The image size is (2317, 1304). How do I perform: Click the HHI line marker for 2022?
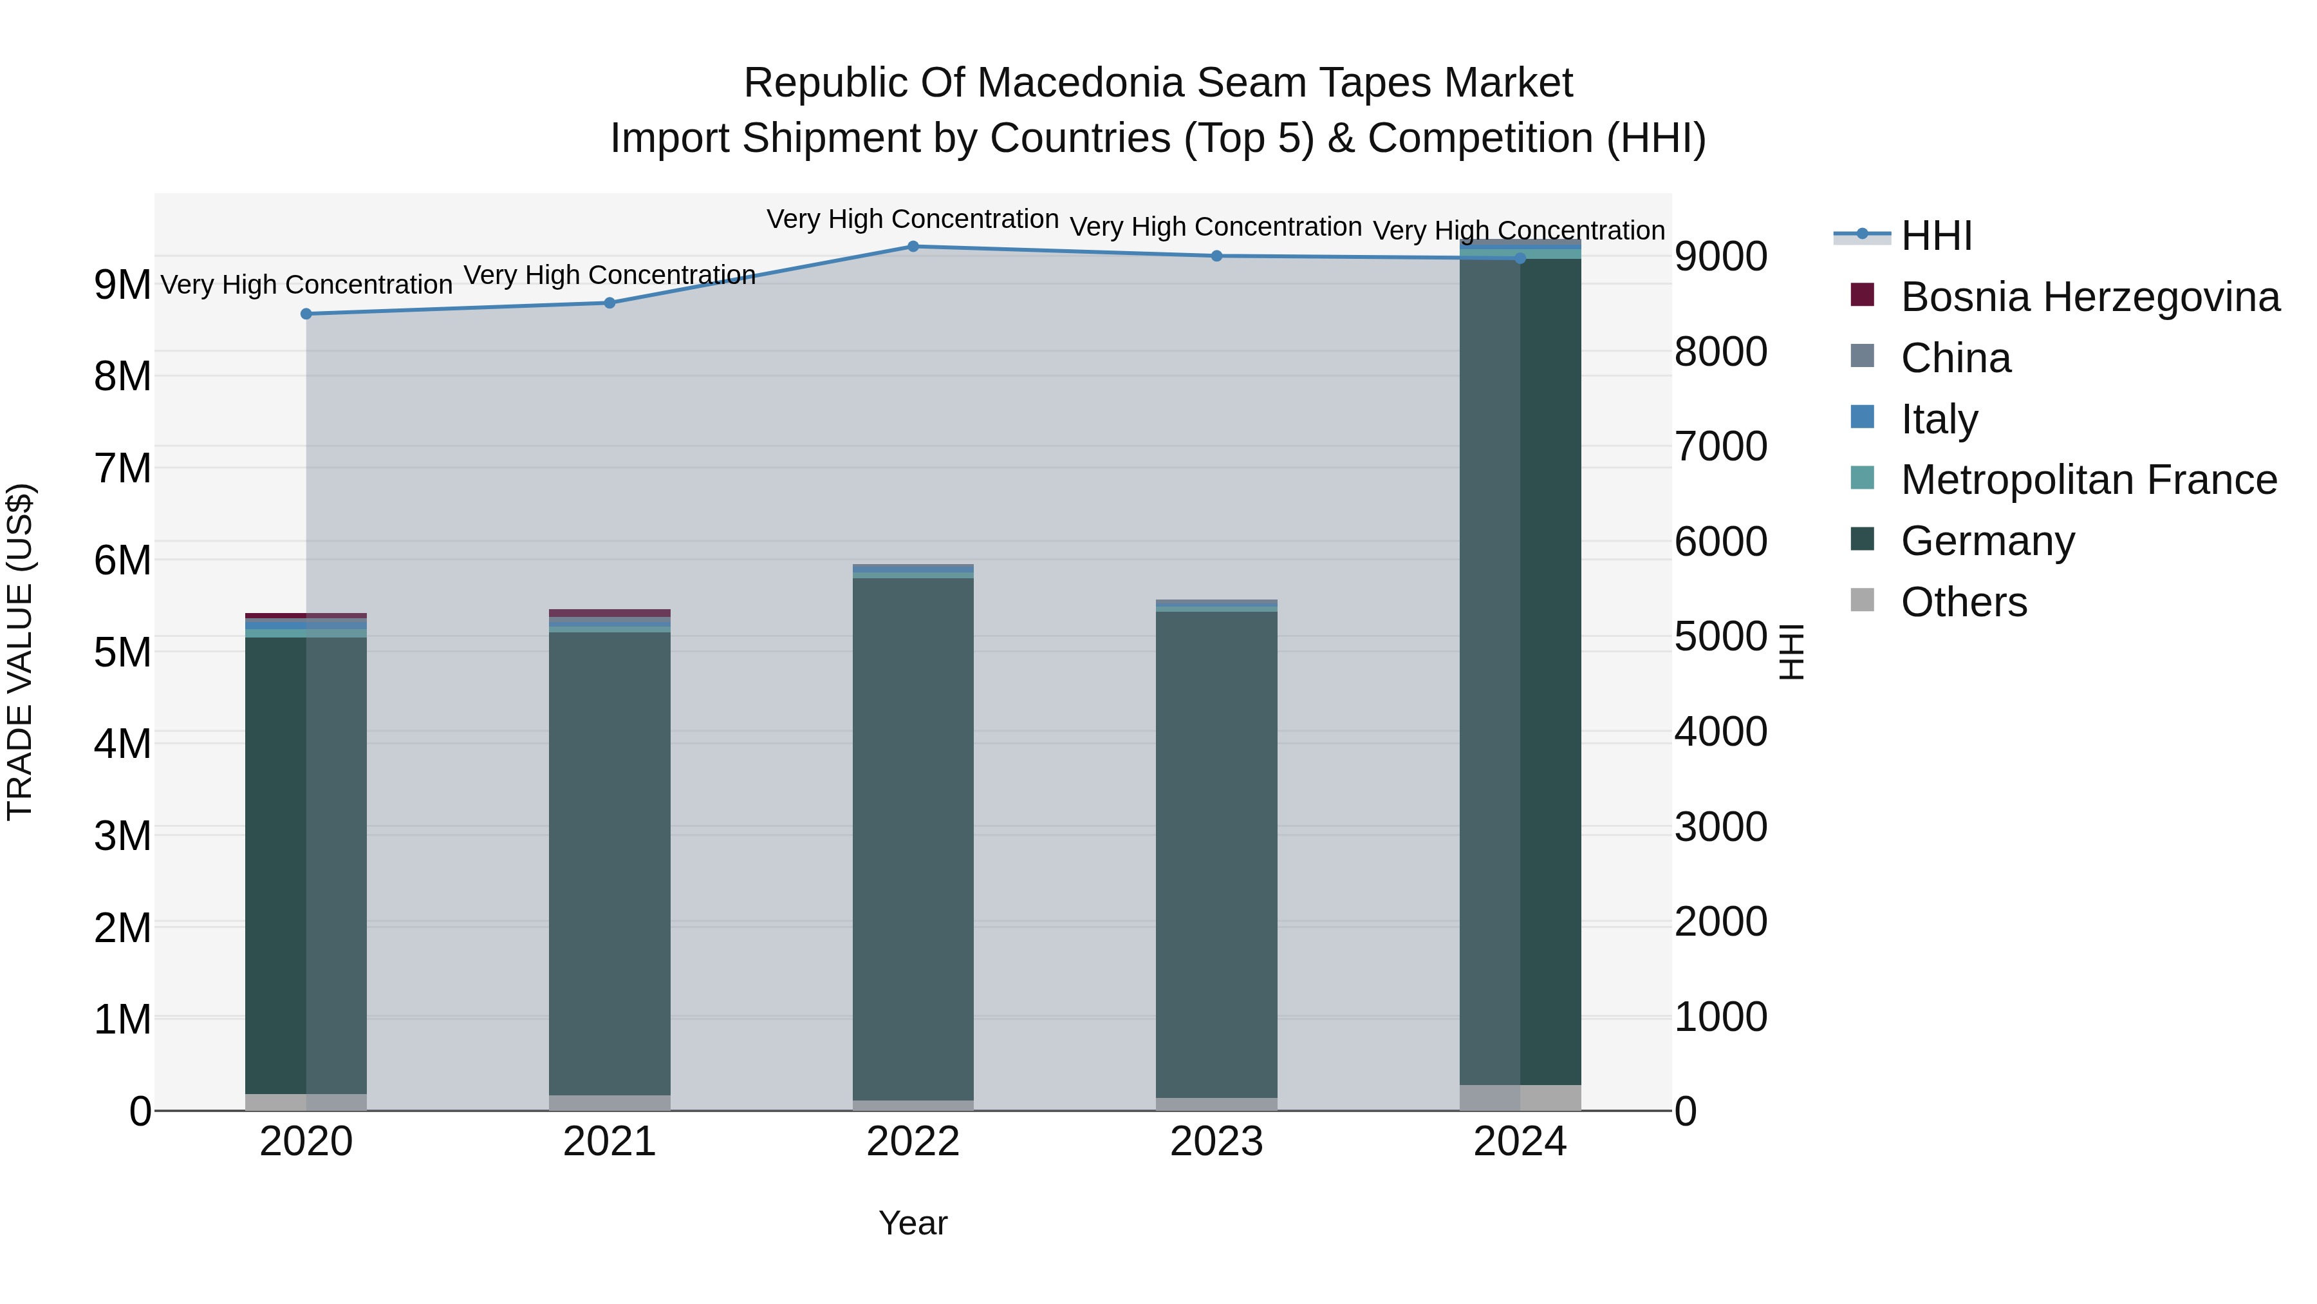coord(913,247)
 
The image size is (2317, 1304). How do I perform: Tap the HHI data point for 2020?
coord(306,314)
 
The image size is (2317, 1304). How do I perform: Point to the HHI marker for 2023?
coord(1217,256)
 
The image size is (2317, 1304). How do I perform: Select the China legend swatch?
coord(1863,356)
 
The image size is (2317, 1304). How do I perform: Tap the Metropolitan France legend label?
coord(2089,480)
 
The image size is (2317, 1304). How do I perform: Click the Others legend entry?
coord(1964,603)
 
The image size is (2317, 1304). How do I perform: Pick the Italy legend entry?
coord(1939,419)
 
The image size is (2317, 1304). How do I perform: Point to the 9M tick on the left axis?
coord(123,285)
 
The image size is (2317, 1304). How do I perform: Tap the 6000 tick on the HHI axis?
coord(1720,543)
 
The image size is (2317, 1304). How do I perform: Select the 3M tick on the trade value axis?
coord(123,836)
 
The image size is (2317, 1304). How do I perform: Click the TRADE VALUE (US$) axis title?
coord(21,652)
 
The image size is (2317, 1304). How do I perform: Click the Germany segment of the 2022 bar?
coord(913,837)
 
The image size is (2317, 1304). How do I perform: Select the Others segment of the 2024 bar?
coord(1520,1098)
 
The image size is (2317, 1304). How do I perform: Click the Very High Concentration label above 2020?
coord(306,285)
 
